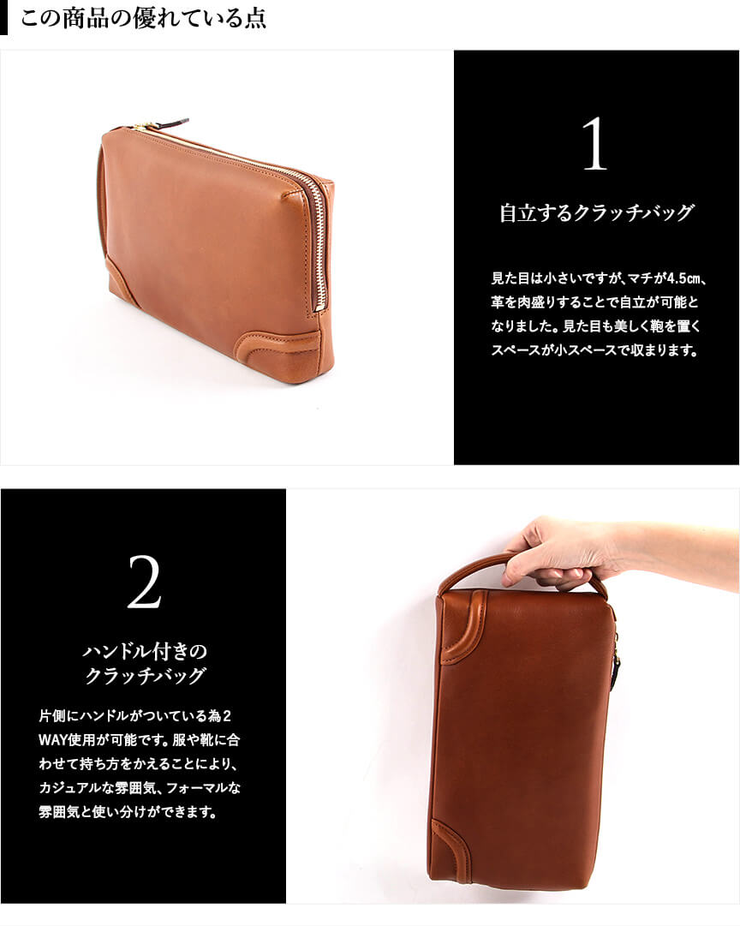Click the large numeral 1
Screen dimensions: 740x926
coord(594,144)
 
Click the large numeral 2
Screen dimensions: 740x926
coord(144,582)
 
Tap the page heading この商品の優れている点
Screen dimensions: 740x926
coord(143,18)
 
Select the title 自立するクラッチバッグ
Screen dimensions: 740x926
coord(596,212)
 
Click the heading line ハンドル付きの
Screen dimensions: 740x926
coord(145,651)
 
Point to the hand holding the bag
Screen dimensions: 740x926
coord(567,553)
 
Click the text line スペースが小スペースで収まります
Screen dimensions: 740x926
coord(594,350)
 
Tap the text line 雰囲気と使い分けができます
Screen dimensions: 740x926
coord(128,812)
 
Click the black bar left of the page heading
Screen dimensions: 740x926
coord(3,18)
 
